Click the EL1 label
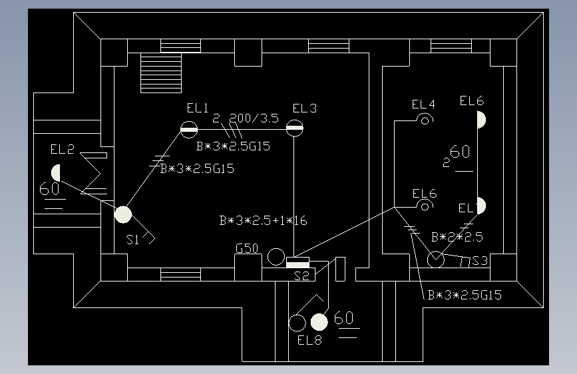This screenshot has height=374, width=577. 198,108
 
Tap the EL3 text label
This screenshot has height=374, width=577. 305,108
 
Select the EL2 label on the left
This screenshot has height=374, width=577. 63,149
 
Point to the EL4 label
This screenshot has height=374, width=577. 423,104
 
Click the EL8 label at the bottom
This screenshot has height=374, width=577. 309,341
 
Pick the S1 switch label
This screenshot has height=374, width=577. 133,240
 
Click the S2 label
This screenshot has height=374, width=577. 302,276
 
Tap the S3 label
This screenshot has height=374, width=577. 479,261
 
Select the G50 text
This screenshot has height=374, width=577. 247,249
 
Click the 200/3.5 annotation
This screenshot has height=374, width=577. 254,119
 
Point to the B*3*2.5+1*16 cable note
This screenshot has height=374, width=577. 263,221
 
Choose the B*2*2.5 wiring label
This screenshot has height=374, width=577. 457,237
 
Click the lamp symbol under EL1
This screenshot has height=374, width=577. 189,129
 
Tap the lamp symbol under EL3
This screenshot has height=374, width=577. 294,128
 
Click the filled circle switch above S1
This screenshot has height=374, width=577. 123,214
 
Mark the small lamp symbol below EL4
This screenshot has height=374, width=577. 425,120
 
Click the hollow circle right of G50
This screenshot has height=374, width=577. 276,256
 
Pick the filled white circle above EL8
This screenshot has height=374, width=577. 320,322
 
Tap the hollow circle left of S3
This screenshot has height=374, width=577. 436,259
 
